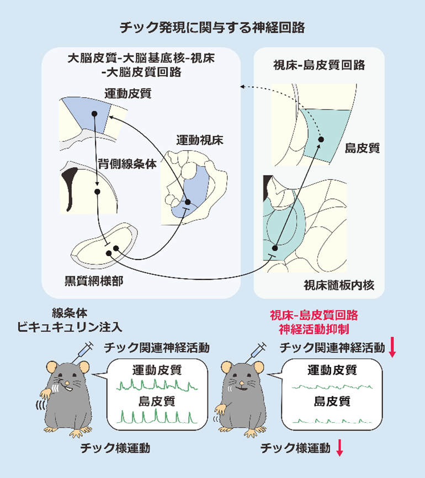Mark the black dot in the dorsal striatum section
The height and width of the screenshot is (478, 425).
[97, 192]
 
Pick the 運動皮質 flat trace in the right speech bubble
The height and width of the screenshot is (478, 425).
[331, 386]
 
